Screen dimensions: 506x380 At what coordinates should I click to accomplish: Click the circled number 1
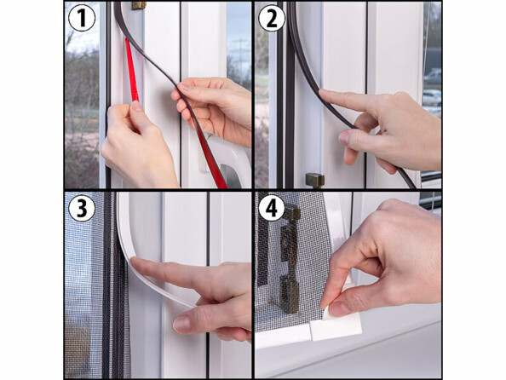(82, 18)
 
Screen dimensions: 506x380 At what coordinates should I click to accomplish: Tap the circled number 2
(272, 18)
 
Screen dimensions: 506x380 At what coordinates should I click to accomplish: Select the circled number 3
(81, 208)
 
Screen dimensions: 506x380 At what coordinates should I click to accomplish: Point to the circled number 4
(272, 208)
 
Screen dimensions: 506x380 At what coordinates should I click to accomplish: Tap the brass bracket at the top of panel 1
(139, 5)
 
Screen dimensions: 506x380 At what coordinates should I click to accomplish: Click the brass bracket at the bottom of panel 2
(314, 180)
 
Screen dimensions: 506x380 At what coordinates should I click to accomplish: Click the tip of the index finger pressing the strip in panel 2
(321, 93)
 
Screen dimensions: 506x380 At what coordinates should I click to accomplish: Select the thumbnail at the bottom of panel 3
(181, 324)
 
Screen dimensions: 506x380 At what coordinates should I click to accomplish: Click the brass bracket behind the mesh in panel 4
(290, 258)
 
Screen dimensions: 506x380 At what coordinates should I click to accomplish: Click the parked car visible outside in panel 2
(432, 97)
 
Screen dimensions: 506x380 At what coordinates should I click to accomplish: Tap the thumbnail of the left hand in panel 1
(136, 106)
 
